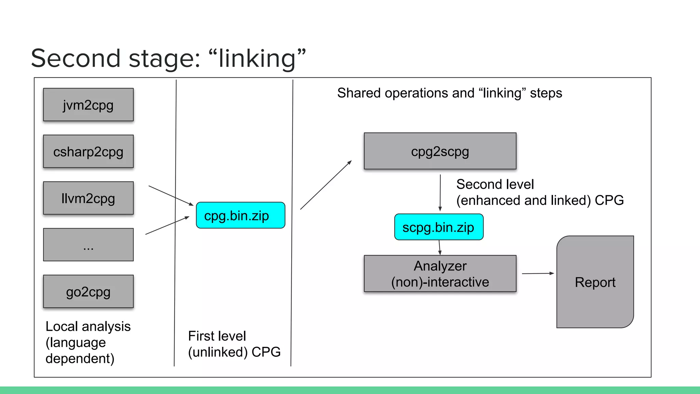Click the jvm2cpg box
(x=88, y=105)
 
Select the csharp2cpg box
(x=88, y=151)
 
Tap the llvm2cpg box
(x=88, y=198)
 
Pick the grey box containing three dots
(x=88, y=245)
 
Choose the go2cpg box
(x=88, y=291)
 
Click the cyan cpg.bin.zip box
(x=240, y=215)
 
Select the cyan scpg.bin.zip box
(x=439, y=227)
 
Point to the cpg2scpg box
(x=440, y=151)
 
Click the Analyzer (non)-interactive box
(x=440, y=274)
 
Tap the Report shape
(x=595, y=282)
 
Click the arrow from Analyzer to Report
(x=537, y=273)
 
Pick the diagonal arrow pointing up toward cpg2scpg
(x=326, y=185)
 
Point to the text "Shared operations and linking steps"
(x=449, y=93)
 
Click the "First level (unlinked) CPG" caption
(x=234, y=344)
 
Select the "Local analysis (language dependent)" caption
(x=88, y=342)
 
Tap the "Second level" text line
(x=495, y=184)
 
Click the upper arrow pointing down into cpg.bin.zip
(x=171, y=196)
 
